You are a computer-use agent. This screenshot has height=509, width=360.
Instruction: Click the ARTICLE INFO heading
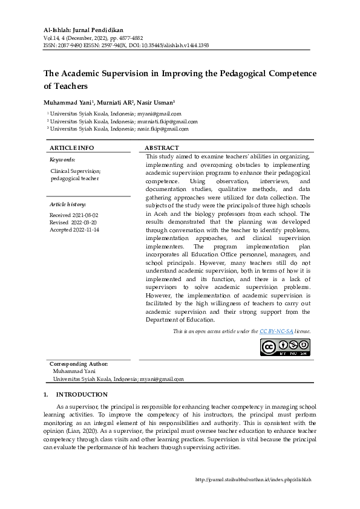click(71, 148)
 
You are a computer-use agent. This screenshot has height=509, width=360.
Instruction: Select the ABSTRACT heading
click(162, 148)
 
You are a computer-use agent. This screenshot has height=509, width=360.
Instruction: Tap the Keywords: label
click(62, 160)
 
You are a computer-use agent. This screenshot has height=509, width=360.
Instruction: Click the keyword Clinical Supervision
click(76, 172)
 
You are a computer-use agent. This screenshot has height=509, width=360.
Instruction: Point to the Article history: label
click(68, 204)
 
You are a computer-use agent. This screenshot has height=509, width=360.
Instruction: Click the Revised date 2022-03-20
click(84, 222)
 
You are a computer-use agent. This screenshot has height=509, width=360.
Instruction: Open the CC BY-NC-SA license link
click(277, 331)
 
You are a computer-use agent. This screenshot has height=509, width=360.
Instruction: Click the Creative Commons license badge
click(285, 347)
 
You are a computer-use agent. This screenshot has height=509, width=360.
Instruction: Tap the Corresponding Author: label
click(79, 364)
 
